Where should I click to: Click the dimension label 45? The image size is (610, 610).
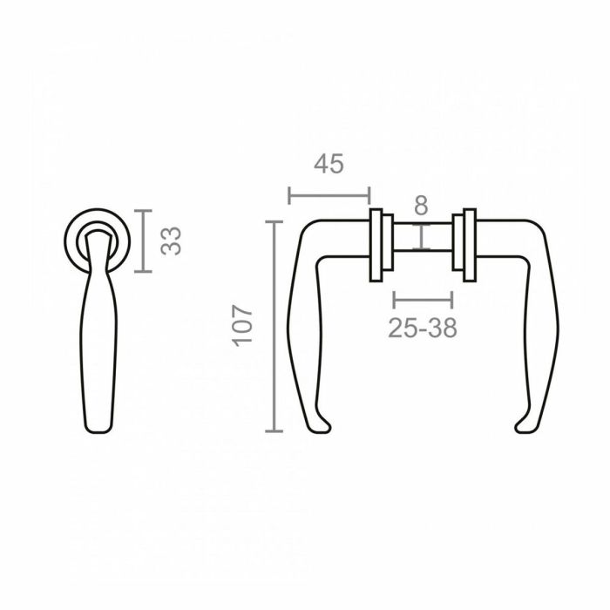pos(329,164)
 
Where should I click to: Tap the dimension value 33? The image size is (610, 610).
pos(173,240)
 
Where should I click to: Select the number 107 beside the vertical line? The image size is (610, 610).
pos(243,325)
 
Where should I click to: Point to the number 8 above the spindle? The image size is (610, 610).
pos(421,206)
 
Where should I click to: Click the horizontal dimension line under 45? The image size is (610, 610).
pos(329,193)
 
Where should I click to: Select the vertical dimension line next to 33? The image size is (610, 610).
pos(145,241)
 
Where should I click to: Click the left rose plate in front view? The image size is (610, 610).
pos(379,246)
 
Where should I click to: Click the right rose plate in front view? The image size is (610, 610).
pos(469,246)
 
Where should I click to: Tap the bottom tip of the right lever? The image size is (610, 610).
pos(522,427)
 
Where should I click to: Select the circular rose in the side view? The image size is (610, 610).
pos(98,237)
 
